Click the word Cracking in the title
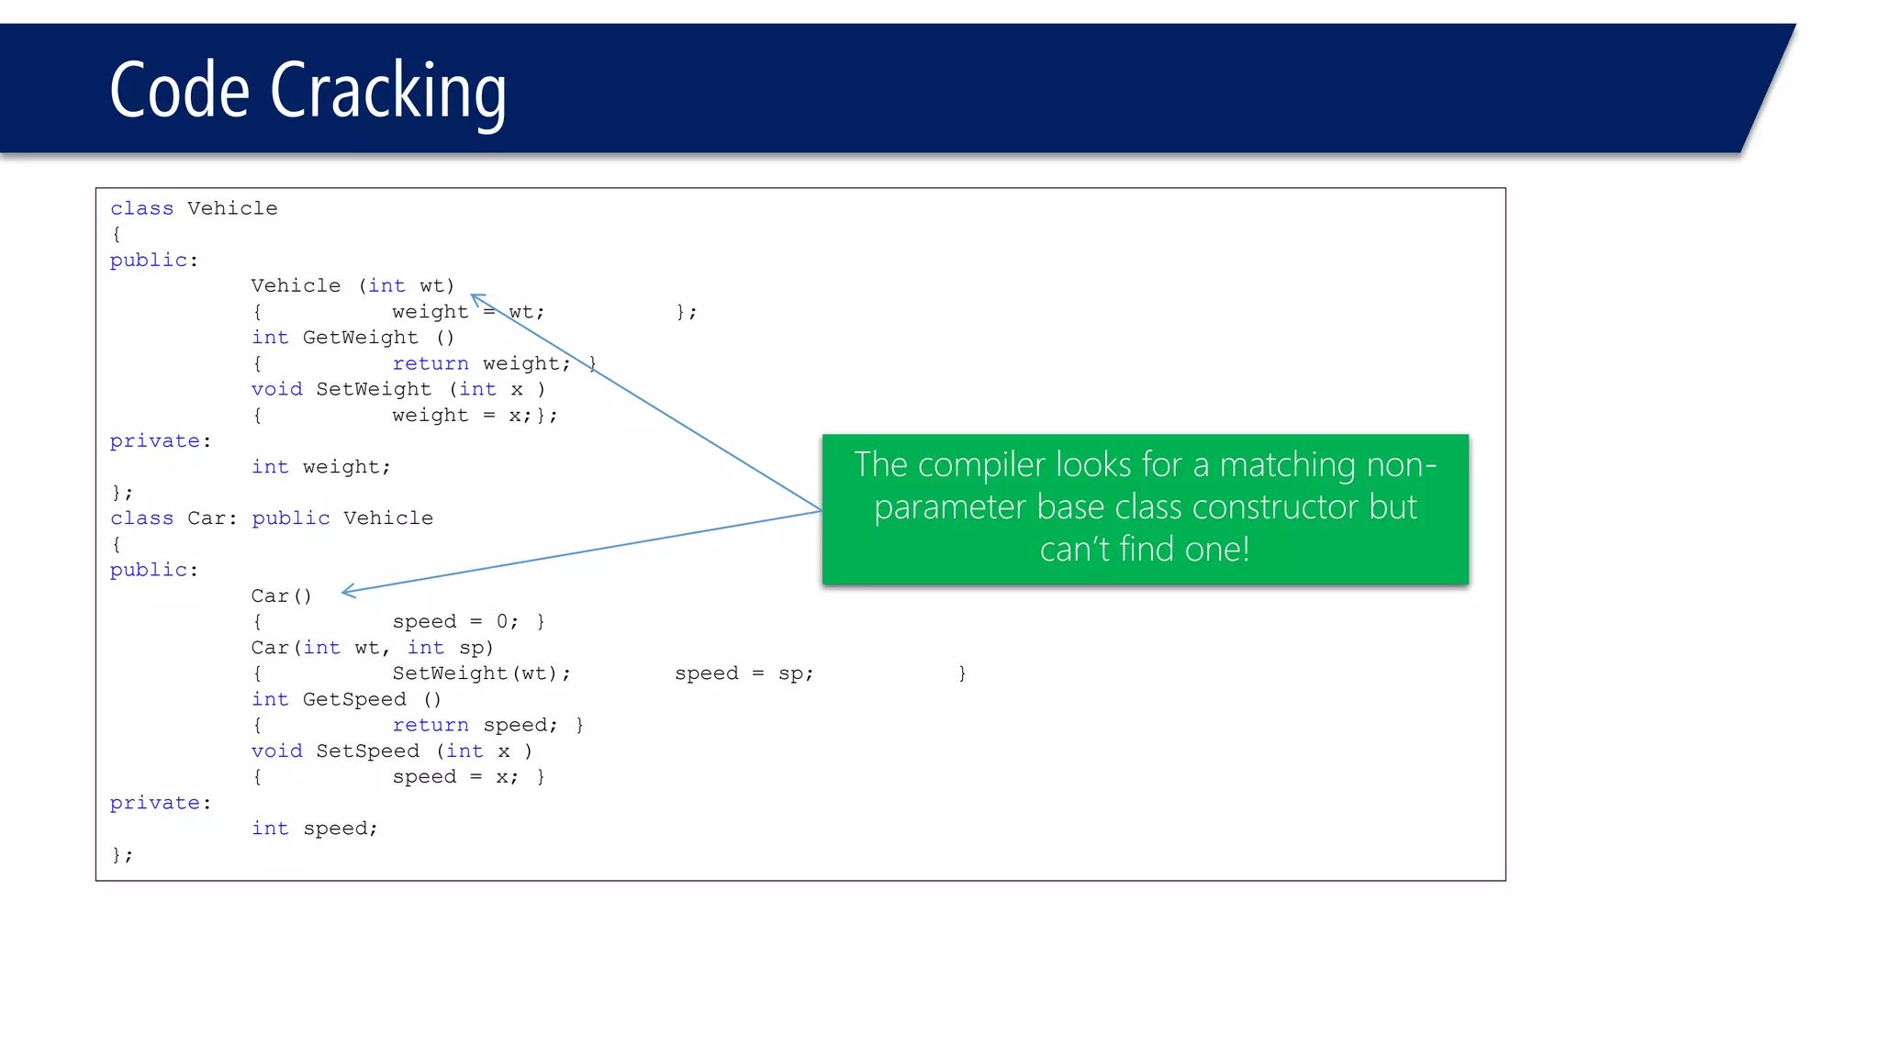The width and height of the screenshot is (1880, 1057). (387, 90)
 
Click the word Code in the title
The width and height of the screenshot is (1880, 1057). (179, 90)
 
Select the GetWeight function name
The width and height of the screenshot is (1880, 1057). (360, 338)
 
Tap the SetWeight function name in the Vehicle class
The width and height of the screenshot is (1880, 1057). (374, 389)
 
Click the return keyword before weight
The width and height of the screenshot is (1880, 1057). (430, 363)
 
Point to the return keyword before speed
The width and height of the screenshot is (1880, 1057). (430, 725)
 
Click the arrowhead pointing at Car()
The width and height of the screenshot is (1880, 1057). (348, 591)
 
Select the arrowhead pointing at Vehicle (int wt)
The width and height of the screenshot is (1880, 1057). (476, 298)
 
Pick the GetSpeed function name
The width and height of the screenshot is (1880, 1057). (353, 699)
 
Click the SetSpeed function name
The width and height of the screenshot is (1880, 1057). (367, 751)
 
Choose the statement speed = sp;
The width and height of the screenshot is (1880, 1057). (744, 673)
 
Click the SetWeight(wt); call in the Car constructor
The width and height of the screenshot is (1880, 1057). (481, 673)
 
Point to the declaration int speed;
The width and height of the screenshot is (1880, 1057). (314, 829)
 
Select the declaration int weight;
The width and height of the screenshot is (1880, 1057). (320, 467)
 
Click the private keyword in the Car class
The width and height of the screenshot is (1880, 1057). (154, 803)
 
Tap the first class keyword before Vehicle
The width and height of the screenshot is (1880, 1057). (141, 209)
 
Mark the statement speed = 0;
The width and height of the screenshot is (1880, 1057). (454, 622)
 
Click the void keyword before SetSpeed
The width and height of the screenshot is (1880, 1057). (276, 751)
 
